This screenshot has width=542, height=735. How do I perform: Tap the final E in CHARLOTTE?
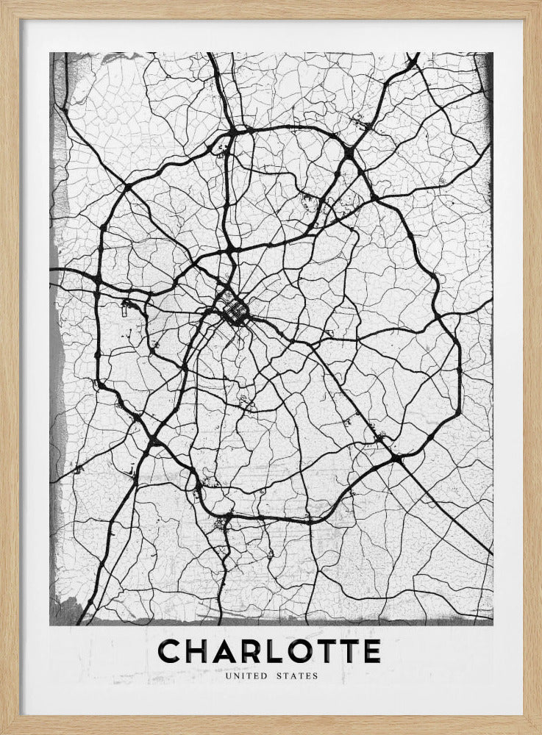[x=371, y=651]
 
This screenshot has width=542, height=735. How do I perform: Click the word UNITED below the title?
[x=250, y=676]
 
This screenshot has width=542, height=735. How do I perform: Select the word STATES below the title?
[x=298, y=676]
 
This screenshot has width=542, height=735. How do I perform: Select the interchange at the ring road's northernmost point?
[x=234, y=133]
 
